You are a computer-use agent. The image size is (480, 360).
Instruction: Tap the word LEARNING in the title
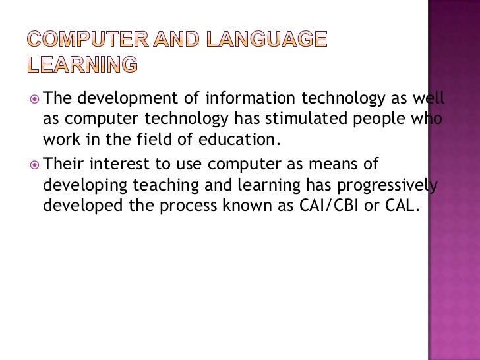(83, 64)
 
